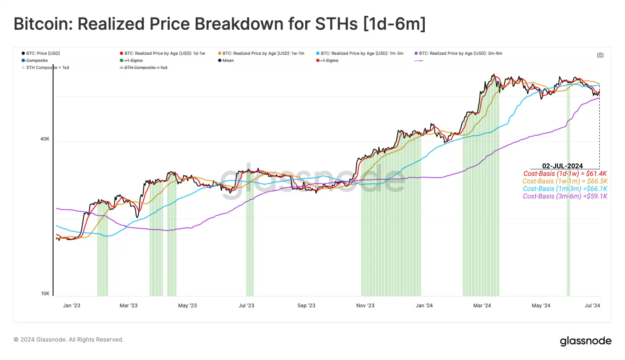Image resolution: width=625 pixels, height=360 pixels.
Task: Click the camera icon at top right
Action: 600,55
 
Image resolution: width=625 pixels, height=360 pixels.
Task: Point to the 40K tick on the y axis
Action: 45,139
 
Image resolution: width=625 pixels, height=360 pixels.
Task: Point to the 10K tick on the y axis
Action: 45,294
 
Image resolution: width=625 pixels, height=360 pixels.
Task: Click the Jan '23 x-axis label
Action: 72,306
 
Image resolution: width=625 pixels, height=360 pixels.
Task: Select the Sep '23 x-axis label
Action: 306,306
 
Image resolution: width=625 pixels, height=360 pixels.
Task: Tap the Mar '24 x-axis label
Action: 482,306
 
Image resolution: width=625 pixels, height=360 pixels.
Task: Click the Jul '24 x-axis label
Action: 592,306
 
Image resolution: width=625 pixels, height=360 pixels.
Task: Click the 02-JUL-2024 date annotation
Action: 562,166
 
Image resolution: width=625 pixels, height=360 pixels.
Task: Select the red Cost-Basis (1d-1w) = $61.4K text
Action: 565,174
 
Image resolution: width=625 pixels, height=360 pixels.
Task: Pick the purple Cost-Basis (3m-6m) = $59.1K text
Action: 565,196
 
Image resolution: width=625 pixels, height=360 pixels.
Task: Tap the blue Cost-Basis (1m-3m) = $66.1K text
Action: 565,189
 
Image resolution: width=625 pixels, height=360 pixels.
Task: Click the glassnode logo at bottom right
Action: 585,341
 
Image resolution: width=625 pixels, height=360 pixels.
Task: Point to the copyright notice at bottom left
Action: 68,340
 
